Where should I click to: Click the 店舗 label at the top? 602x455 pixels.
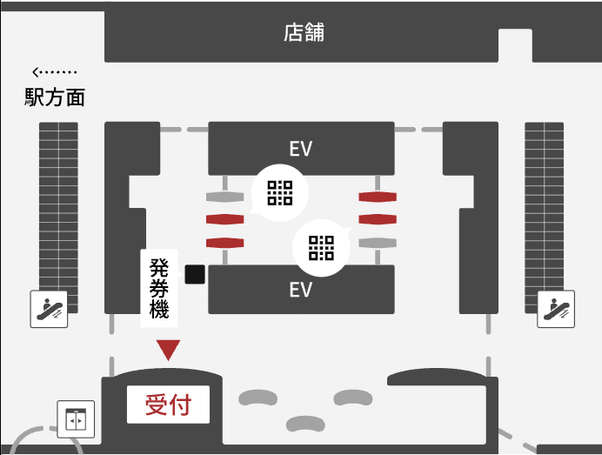click(304, 33)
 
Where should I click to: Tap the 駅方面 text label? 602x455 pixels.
click(55, 97)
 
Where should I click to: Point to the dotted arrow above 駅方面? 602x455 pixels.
click(54, 72)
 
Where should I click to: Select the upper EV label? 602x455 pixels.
click(300, 149)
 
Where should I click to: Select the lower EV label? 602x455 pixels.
click(300, 289)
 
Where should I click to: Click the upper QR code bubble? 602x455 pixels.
click(279, 192)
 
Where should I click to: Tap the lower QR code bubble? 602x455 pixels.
click(321, 248)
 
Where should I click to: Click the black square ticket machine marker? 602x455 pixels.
click(195, 275)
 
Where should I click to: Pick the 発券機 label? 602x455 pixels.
click(159, 287)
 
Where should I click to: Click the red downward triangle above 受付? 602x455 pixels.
click(168, 350)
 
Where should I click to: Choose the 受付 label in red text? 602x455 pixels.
click(168, 405)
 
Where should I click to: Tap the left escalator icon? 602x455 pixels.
click(49, 309)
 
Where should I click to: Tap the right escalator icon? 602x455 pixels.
click(555, 309)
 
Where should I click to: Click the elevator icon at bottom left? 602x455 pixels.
click(76, 418)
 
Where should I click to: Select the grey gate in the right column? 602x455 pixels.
click(377, 242)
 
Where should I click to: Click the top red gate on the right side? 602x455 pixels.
click(377, 197)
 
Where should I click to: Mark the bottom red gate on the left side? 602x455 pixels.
click(224, 242)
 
